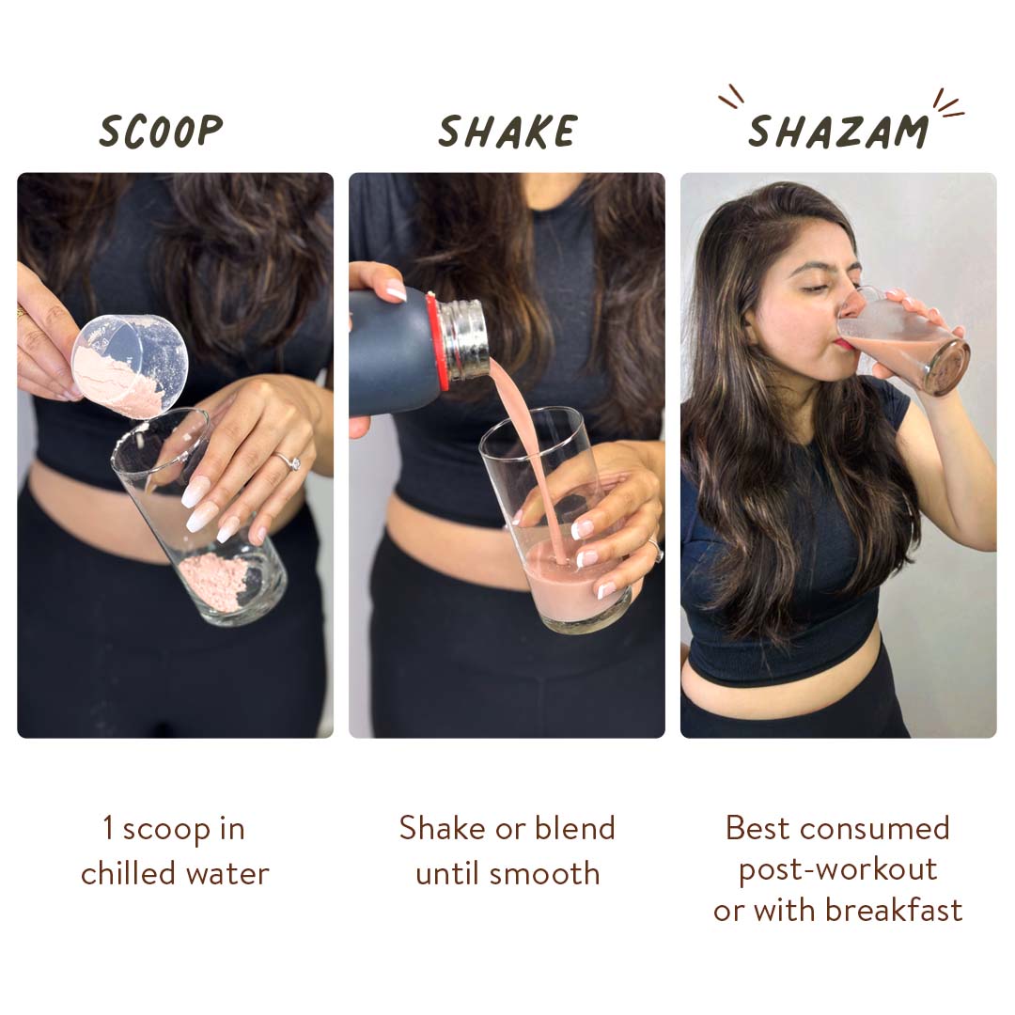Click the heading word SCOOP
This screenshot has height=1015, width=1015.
[x=162, y=131]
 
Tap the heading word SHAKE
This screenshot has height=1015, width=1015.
[x=507, y=132]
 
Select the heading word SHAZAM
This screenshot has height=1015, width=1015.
[x=838, y=132]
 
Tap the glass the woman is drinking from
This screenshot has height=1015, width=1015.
[x=903, y=341]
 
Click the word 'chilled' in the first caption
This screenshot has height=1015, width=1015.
[x=128, y=872]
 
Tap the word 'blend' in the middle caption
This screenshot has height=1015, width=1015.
[x=575, y=828]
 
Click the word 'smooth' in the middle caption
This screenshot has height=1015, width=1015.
[x=544, y=874]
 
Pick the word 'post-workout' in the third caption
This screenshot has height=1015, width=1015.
[x=838, y=870]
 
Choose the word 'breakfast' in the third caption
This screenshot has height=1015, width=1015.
[x=894, y=910]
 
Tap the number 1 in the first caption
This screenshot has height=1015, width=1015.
[x=108, y=828]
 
